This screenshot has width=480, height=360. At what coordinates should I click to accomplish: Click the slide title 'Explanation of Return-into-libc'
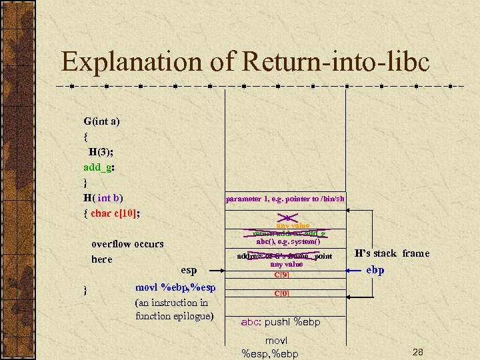(x=245, y=62)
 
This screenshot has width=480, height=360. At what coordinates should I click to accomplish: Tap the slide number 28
(x=418, y=351)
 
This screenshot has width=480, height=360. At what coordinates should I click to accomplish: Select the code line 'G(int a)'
(x=101, y=121)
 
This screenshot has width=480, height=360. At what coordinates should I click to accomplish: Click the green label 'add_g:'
(x=99, y=167)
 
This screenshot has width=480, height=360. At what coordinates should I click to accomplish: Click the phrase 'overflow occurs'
(x=127, y=244)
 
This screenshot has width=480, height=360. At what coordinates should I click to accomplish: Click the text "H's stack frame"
(x=392, y=253)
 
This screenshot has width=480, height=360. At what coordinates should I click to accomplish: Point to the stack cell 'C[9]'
(x=285, y=274)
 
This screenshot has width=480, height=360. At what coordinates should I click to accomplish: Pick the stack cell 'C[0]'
(x=285, y=293)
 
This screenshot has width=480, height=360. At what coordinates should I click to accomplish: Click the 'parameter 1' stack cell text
(x=285, y=199)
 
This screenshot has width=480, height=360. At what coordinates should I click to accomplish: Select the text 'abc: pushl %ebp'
(x=280, y=322)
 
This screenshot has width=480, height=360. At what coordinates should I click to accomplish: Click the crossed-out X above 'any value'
(x=285, y=217)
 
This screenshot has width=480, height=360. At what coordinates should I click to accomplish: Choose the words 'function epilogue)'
(x=174, y=316)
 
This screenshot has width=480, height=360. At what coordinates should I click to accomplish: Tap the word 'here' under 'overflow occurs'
(x=101, y=259)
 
